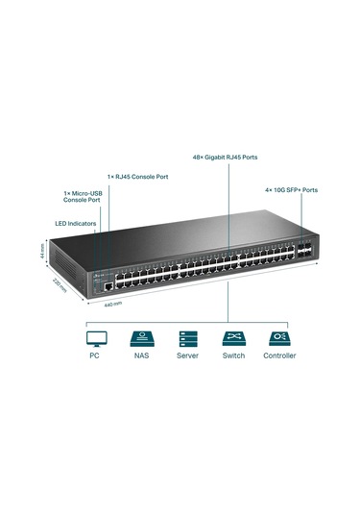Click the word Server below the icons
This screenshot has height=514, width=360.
tap(187, 355)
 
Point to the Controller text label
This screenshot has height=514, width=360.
tap(279, 355)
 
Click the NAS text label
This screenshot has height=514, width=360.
tap(140, 355)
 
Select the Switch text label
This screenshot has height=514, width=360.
tap(233, 355)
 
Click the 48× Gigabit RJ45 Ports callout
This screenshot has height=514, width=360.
tap(225, 156)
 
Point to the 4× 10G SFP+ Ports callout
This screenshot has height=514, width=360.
tap(290, 189)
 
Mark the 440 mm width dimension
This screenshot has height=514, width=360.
tap(112, 304)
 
